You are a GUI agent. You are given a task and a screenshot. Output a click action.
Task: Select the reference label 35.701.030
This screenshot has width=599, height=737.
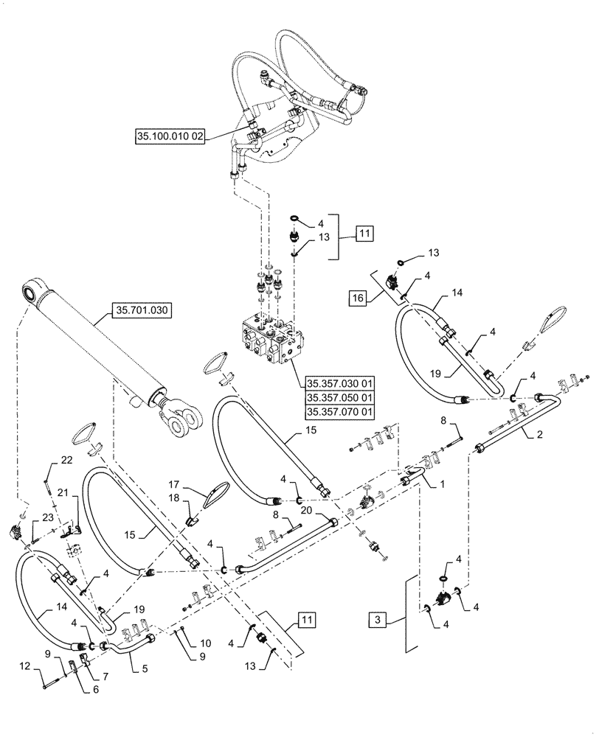click(142, 310)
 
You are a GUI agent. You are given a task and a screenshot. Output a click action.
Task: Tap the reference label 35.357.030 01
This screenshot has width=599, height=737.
click(340, 383)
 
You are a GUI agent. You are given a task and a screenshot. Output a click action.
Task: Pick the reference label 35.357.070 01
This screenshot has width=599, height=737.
click(340, 412)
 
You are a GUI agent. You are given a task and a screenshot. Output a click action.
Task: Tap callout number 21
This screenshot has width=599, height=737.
click(63, 492)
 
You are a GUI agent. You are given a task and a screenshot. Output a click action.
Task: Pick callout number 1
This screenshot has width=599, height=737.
click(443, 486)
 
